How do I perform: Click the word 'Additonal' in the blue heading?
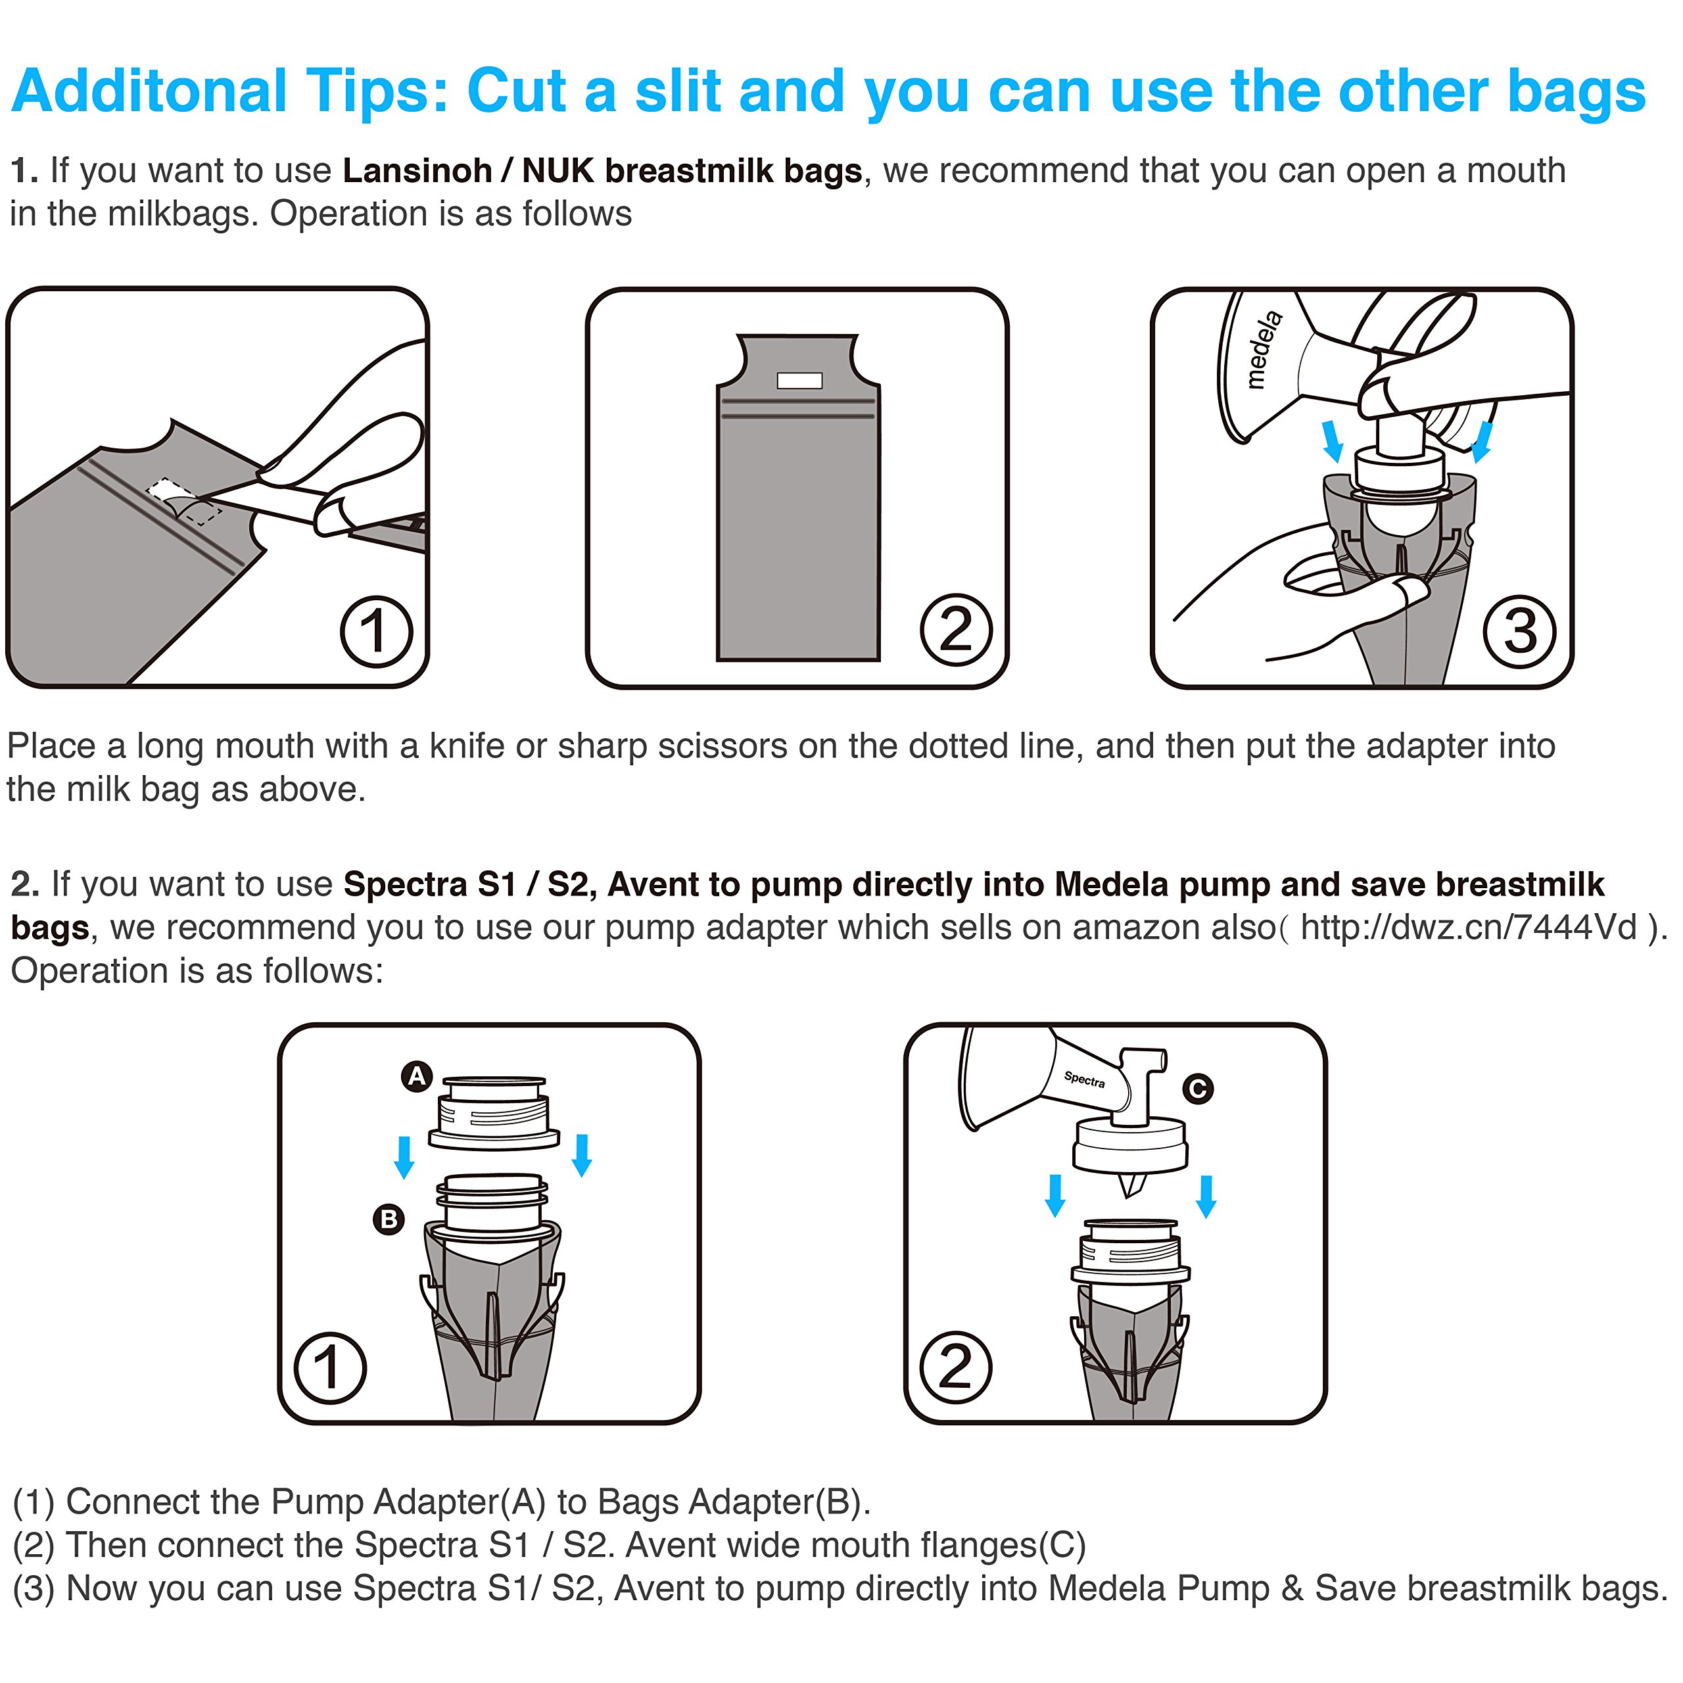tap(148, 91)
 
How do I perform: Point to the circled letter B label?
tap(389, 1219)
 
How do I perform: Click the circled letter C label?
tap(1198, 1088)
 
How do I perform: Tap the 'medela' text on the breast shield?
tap(1264, 348)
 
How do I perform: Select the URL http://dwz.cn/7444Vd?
tap(1469, 927)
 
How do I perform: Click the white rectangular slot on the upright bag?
tap(799, 380)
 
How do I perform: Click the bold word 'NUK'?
tap(557, 171)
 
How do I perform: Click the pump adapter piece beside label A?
tap(494, 1113)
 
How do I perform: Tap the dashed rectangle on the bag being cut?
tap(185, 502)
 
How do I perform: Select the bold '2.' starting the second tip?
tap(25, 884)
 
